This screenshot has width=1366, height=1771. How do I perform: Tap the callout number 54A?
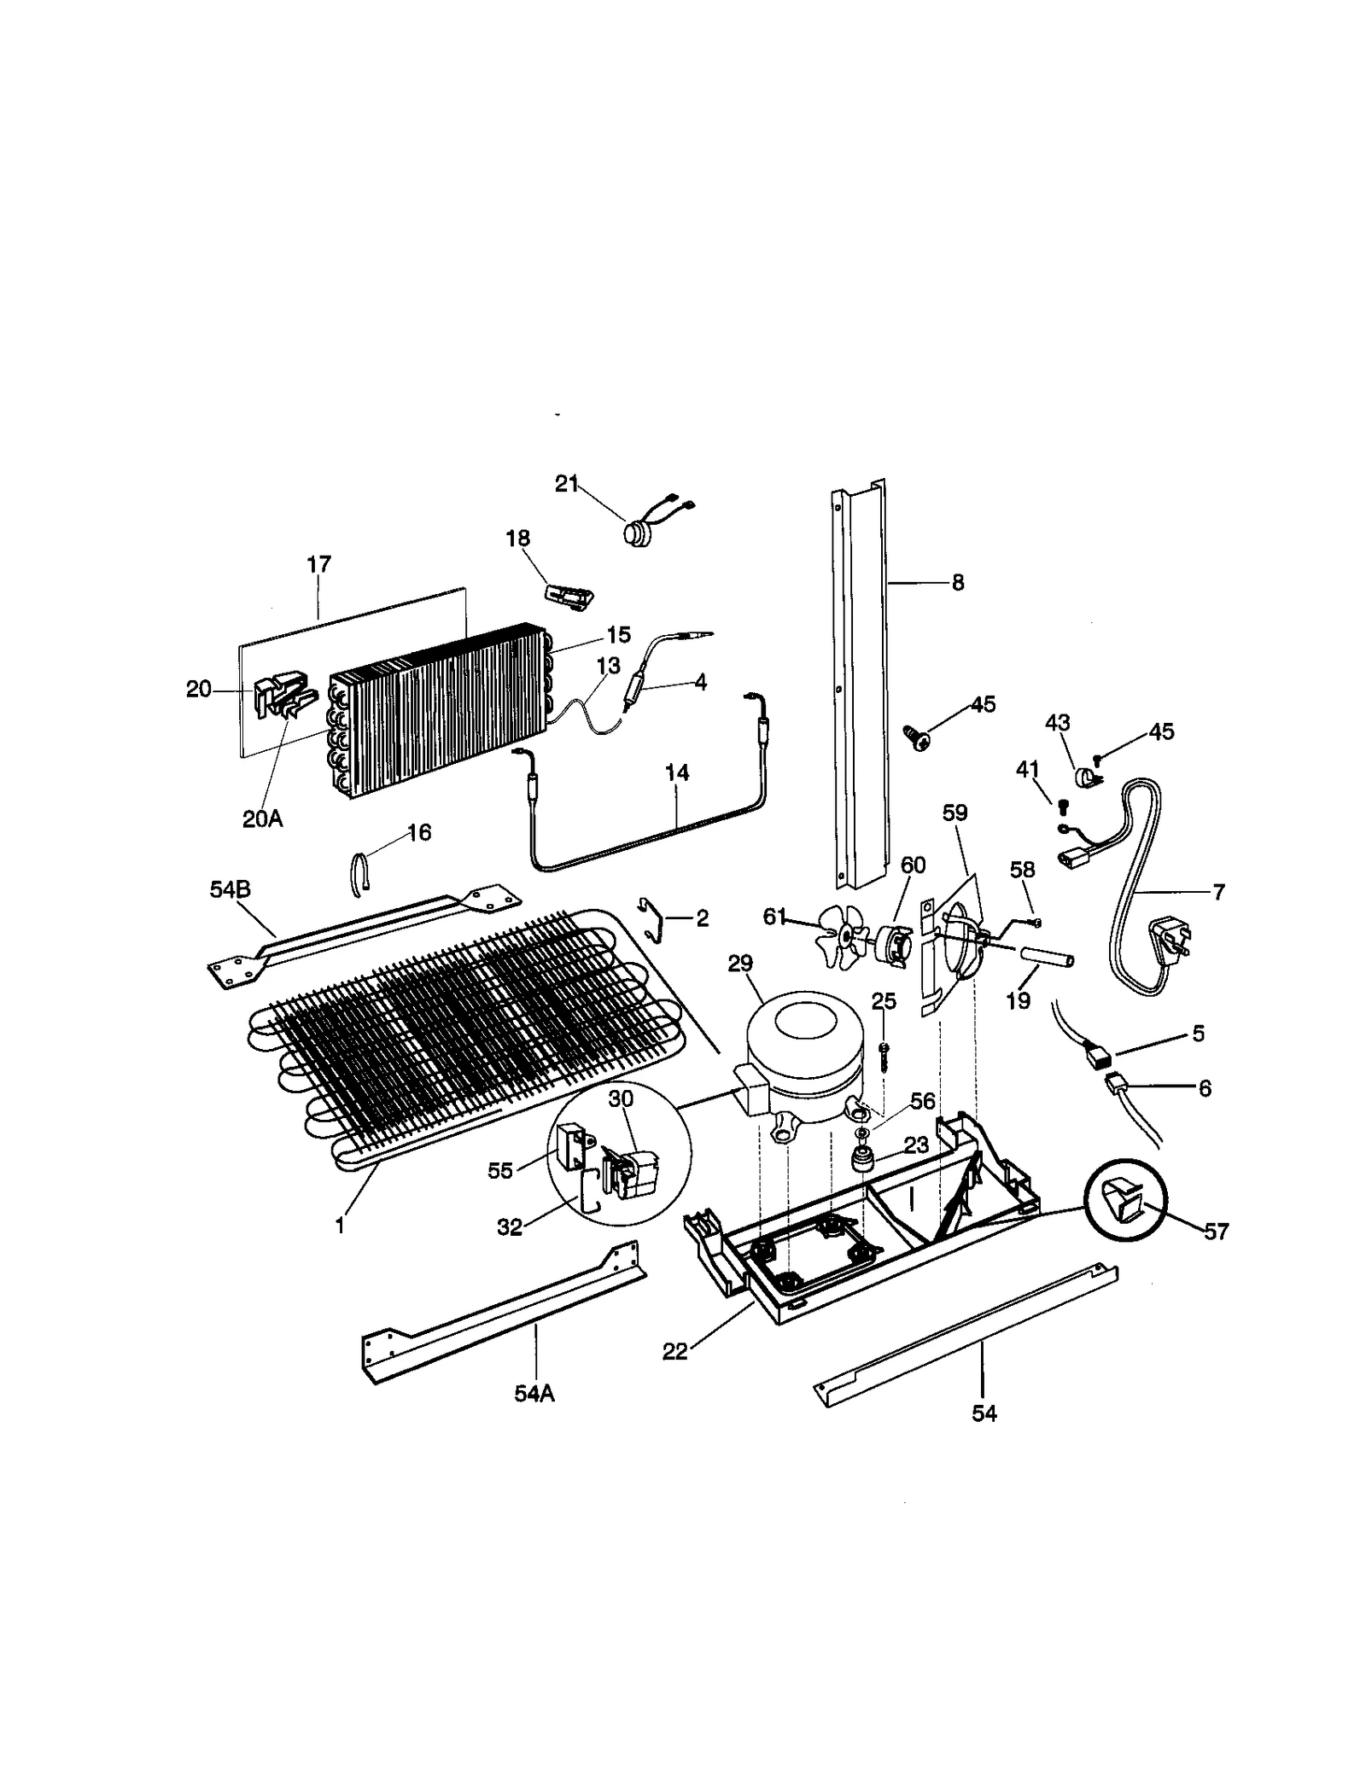click(534, 1394)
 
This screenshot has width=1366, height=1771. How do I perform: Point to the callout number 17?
click(318, 564)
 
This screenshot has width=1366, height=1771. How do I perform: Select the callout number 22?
click(674, 1352)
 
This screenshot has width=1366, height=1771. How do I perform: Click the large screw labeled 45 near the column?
click(916, 737)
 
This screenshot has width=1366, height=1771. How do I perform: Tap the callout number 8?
click(957, 582)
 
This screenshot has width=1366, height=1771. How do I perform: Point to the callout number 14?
click(676, 773)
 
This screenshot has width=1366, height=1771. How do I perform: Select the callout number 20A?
click(262, 818)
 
